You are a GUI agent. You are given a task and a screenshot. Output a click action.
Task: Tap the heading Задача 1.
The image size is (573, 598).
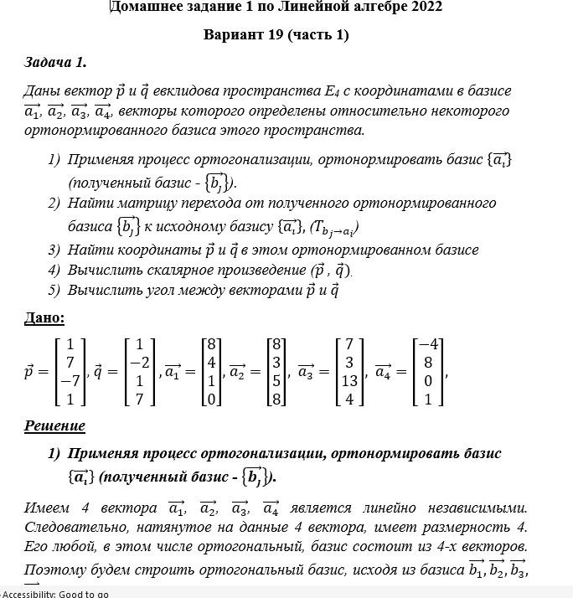pos(55,62)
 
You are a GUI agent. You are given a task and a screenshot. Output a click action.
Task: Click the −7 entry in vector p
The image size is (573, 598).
pos(70,381)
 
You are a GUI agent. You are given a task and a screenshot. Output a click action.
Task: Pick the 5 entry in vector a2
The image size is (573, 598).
pos(275,381)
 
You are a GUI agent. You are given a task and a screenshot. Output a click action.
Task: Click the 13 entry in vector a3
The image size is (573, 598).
pos(349,381)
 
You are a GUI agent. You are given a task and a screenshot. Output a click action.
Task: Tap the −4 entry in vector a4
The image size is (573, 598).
pos(428,343)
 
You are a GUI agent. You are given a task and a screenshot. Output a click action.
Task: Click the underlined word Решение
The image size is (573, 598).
pos(54,425)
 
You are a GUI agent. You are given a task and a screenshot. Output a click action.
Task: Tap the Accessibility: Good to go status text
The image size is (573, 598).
pos(55,593)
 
